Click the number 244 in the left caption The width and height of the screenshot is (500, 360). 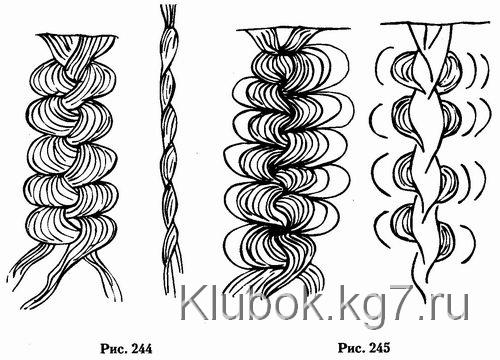point(142,349)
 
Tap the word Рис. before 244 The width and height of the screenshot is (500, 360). point(114,349)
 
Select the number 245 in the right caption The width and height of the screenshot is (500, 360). point(379,348)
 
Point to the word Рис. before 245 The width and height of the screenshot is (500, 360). point(352,348)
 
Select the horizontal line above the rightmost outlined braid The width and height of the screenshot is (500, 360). point(435,23)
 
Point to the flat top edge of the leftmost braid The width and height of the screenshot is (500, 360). point(77,35)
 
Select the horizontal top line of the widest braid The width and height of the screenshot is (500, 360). point(293,30)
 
